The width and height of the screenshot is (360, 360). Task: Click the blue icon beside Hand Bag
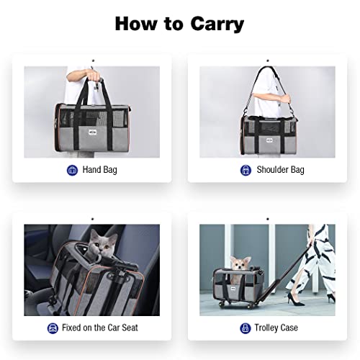(x=72, y=170)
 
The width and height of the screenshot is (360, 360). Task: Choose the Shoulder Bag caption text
(x=280, y=170)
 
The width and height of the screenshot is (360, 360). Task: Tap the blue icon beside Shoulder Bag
(x=246, y=170)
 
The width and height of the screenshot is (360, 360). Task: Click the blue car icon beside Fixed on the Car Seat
(x=53, y=328)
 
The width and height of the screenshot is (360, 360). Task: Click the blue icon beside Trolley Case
(x=246, y=328)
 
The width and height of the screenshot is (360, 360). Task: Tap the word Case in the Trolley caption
(x=295, y=328)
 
